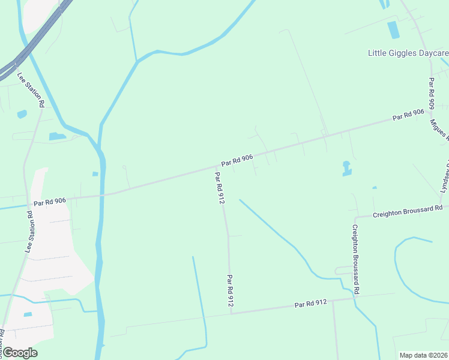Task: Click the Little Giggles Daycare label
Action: click(408, 53)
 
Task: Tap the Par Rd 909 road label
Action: click(431, 93)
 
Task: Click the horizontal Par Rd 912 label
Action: click(311, 304)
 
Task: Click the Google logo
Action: click(19, 353)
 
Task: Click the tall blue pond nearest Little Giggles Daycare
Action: click(393, 30)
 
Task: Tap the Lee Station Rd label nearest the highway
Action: click(31, 90)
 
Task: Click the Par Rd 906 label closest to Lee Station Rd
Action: click(50, 202)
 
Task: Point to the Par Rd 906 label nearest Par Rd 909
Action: click(408, 115)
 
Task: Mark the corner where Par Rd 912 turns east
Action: click(231, 313)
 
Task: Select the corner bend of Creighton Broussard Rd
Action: click(355, 217)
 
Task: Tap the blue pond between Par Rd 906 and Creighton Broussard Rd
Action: click(346, 169)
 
